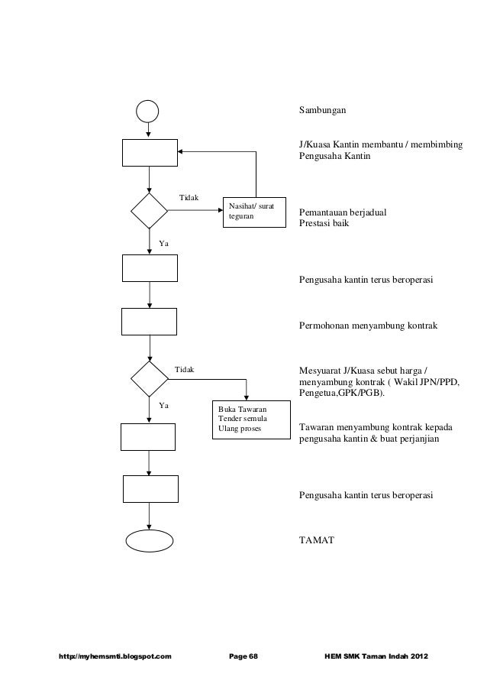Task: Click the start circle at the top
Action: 148,111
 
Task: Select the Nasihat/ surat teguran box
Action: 254,212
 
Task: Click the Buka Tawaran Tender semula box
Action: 250,420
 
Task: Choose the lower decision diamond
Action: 150,377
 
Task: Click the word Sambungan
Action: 322,111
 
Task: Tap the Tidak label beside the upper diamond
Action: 189,199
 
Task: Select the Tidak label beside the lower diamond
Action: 185,370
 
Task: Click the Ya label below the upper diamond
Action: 163,243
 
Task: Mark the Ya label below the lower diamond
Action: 163,406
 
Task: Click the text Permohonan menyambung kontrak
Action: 368,326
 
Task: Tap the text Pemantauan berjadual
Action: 342,212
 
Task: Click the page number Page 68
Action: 244,656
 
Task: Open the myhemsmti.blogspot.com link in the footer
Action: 110,656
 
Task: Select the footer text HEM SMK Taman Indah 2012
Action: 377,656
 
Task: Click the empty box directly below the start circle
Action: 150,153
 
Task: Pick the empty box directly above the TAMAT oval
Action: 150,488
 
